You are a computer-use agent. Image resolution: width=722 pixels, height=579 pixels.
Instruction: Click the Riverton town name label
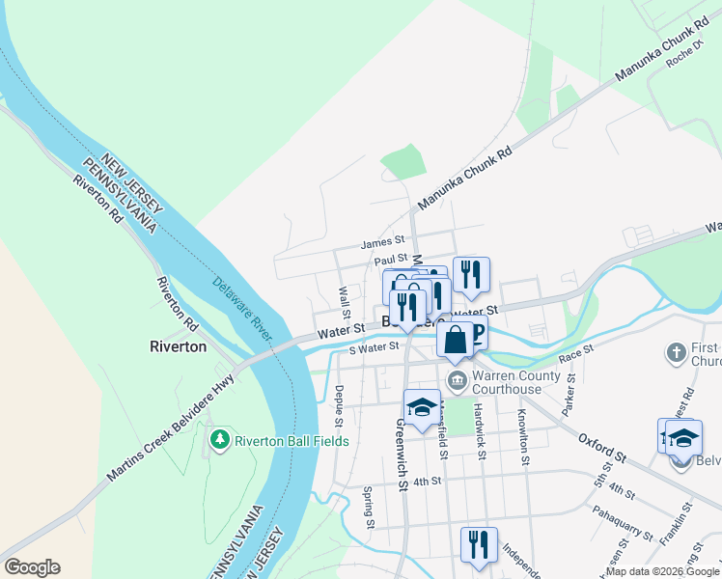pyautogui.click(x=179, y=346)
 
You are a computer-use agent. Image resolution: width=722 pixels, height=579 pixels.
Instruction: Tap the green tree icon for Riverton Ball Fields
pyautogui.click(x=220, y=441)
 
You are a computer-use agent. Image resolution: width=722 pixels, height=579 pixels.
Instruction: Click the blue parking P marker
pyautogui.click(x=475, y=334)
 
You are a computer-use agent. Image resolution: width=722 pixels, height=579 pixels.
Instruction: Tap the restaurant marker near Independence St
pyautogui.click(x=478, y=545)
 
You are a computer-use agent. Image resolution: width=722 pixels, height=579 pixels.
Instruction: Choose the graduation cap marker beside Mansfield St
pyautogui.click(x=422, y=408)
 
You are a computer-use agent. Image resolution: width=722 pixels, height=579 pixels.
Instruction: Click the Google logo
pyautogui.click(x=32, y=567)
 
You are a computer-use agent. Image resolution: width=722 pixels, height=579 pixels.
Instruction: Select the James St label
pyautogui.click(x=381, y=244)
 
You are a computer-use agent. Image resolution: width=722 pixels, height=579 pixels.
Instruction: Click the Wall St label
pyautogui.click(x=345, y=299)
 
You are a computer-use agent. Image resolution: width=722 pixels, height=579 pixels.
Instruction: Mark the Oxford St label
pyautogui.click(x=604, y=452)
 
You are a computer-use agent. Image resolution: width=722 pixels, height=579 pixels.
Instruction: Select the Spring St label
pyautogui.click(x=369, y=508)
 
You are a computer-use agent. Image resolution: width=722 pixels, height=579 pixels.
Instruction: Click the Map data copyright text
pyautogui.click(x=661, y=571)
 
